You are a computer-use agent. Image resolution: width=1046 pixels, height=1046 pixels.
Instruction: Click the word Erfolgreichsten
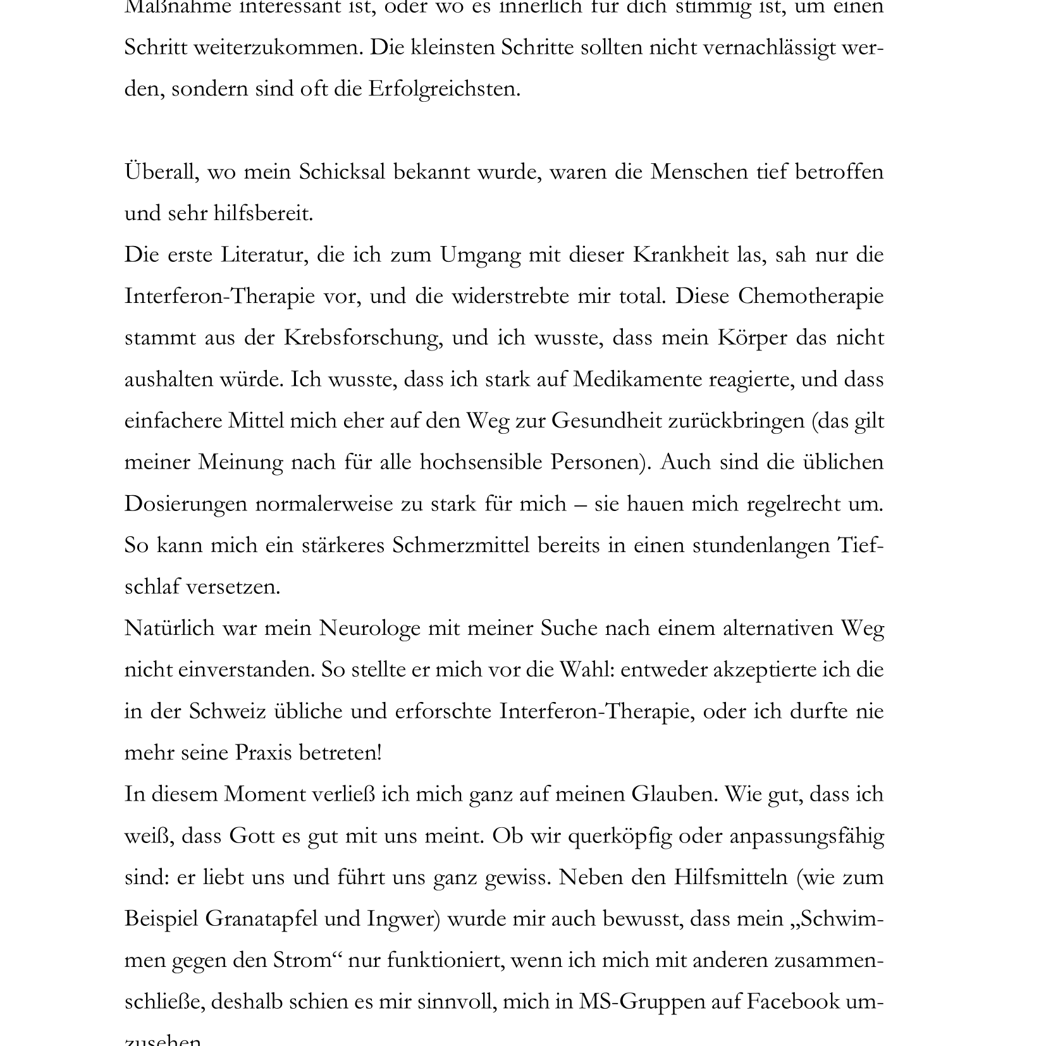coord(444,89)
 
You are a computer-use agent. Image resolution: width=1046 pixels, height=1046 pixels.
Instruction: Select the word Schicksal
coord(342,172)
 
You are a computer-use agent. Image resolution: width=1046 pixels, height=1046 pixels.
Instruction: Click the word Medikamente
coord(637,379)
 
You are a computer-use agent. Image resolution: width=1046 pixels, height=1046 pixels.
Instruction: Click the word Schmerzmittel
coord(461,545)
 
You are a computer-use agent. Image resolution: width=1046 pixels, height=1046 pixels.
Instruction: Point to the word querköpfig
coord(620,836)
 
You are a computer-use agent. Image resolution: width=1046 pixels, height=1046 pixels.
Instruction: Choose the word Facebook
coord(793,1002)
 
